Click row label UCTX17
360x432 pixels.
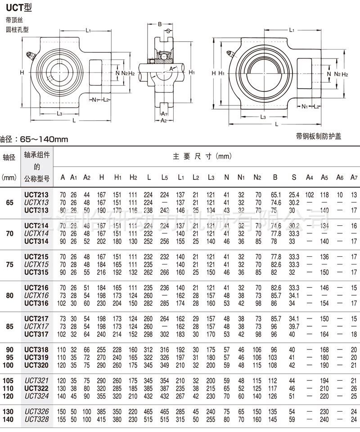coord(37,326)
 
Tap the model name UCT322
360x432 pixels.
coord(37,388)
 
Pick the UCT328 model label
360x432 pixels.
coord(37,419)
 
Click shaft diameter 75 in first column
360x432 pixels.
coord(9,265)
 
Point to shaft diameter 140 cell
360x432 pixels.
coord(9,419)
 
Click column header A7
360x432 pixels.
coord(353,177)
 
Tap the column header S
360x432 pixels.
coord(293,177)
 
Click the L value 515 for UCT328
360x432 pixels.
coord(148,419)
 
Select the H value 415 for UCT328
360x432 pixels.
coord(102,419)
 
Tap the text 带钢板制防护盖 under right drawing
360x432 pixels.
coord(319,136)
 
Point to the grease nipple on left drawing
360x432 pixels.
coord(30,55)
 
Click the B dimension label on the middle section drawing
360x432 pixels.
coord(160,24)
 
